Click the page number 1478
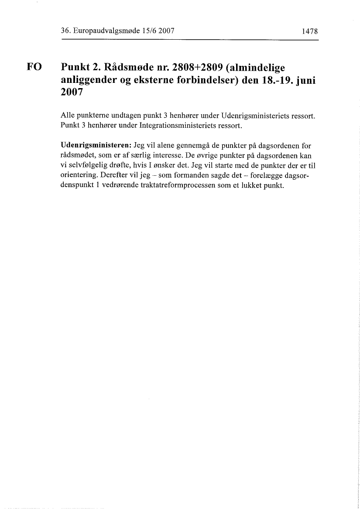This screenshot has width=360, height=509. [309, 31]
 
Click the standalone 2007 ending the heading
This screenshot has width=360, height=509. [72, 94]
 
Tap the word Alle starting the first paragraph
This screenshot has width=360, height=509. [68, 117]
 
